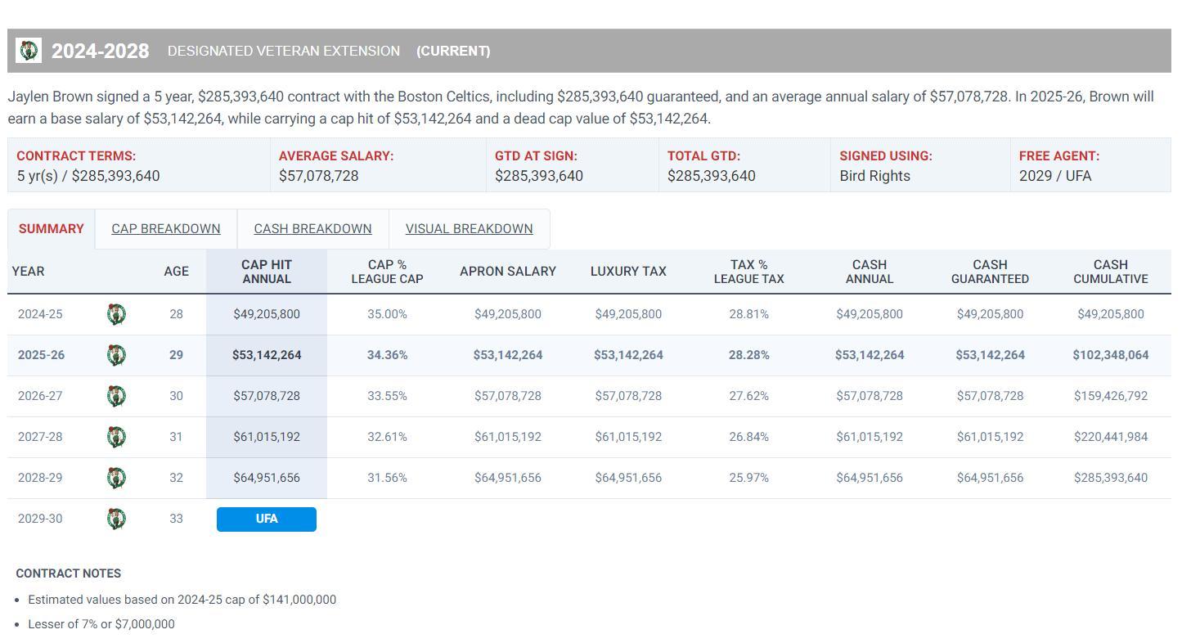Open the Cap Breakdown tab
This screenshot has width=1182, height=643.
165,229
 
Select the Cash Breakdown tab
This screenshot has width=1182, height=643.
312,229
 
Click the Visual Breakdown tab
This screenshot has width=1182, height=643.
469,229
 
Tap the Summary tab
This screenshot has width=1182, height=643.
51,229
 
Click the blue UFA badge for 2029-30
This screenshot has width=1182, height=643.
267,519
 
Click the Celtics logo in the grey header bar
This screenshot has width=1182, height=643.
29,51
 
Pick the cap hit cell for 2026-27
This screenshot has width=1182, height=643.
267,396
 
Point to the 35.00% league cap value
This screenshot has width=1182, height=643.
387,314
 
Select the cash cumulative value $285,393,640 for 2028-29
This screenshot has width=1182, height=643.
1110,478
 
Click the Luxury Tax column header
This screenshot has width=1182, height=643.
628,272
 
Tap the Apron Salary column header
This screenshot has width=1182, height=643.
507,272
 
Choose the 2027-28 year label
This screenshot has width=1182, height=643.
40,437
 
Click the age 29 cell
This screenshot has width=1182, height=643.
176,355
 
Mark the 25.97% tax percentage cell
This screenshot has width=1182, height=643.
748,478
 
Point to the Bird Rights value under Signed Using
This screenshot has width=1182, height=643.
874,176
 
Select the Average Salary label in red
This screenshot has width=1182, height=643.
335,155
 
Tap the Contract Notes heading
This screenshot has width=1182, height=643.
69,573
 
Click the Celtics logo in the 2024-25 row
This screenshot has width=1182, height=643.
116,314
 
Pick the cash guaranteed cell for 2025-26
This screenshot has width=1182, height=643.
990,355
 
